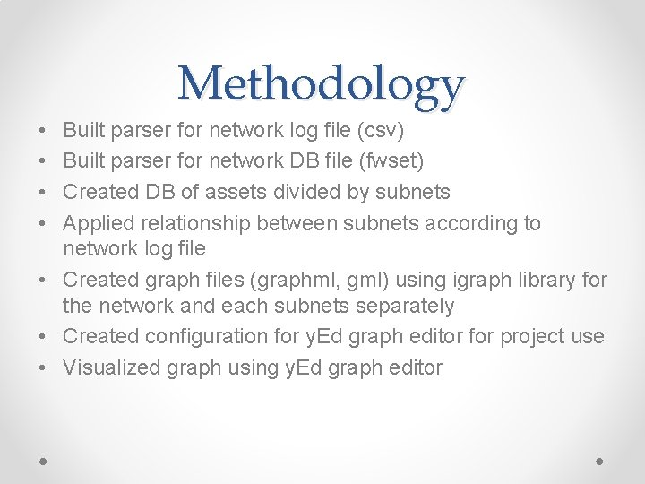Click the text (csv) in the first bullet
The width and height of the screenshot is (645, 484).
click(x=381, y=132)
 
